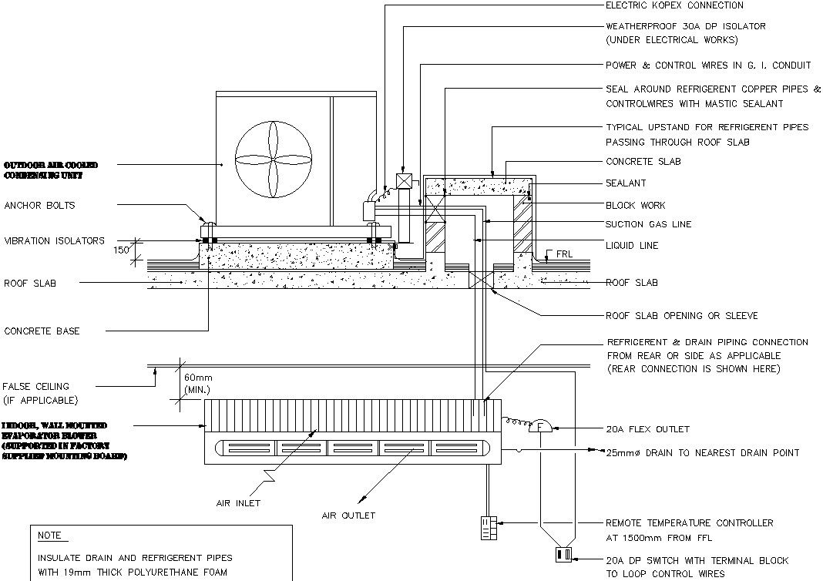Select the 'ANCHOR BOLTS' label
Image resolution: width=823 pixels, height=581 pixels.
pos(39,206)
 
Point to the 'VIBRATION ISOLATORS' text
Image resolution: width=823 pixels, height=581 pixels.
pos(54,241)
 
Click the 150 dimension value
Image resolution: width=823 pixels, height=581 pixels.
pos(122,250)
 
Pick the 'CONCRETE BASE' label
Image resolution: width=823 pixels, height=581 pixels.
pos(42,331)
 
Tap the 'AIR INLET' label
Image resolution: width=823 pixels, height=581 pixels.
pos(238,503)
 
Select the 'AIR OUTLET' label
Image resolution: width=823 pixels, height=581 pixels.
pos(348,515)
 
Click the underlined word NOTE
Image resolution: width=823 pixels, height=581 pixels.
pos(50,536)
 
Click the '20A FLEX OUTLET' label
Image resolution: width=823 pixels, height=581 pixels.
pos(648,429)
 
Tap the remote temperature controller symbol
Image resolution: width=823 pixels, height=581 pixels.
pos(488,525)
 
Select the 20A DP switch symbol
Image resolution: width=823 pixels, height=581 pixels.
pos(563,555)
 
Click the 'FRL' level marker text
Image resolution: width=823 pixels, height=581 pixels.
pos(563,253)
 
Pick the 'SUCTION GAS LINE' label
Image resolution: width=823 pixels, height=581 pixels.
pos(648,224)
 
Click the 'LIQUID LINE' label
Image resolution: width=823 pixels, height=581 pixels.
pos(632,246)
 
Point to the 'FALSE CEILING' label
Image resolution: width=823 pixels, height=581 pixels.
pos(35,386)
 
